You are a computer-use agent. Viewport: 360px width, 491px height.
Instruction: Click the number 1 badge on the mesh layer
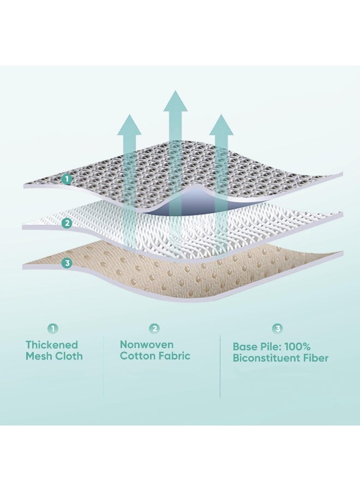click(67, 179)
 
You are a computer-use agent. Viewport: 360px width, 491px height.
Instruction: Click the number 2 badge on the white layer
click(67, 224)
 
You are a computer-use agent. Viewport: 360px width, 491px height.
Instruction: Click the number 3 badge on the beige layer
click(67, 263)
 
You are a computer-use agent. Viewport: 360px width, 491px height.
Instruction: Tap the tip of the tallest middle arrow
click(175, 91)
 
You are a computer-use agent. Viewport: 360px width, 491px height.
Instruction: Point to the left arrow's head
click(129, 125)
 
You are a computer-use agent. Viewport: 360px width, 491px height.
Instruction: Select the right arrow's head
click(221, 125)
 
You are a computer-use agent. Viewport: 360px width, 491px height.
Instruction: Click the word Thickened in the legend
click(52, 345)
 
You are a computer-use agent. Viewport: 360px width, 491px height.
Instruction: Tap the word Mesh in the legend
click(39, 356)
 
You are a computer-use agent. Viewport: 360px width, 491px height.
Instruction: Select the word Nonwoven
click(147, 344)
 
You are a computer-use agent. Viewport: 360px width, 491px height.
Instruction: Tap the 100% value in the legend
click(299, 347)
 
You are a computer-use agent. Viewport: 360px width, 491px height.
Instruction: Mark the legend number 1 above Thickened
click(53, 328)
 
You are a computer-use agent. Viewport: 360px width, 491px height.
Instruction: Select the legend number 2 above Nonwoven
click(155, 328)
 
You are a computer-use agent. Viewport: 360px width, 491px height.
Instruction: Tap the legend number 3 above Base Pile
click(278, 328)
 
